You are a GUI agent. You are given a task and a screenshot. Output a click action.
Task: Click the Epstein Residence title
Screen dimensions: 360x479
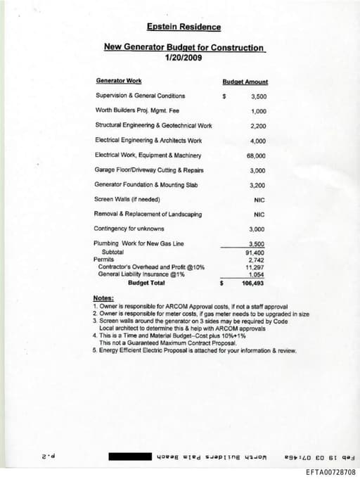pos(184,27)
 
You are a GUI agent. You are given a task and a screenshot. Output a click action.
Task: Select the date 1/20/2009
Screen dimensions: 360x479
pos(184,58)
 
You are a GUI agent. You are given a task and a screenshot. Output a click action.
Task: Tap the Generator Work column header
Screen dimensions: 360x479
pos(117,82)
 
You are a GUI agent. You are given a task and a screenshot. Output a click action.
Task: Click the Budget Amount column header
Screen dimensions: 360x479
pos(245,82)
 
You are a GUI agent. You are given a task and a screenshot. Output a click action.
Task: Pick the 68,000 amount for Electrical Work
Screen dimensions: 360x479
pos(256,155)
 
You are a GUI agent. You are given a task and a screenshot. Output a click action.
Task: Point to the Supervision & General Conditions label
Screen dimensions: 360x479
pos(140,96)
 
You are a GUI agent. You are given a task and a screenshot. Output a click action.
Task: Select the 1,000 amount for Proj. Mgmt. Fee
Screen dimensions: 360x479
pos(257,111)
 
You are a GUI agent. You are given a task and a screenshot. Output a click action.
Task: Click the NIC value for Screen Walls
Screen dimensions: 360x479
pos(259,200)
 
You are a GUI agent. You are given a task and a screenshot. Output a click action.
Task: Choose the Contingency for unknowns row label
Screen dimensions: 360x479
pos(129,229)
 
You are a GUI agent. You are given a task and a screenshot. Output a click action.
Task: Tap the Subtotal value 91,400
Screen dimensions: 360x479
pos(255,252)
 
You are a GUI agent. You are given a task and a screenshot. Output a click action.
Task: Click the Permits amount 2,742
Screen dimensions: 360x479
pos(256,260)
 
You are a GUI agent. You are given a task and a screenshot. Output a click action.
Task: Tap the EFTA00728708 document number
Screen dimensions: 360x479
pos(330,472)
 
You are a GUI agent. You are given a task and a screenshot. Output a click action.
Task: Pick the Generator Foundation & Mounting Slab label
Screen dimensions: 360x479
pos(146,184)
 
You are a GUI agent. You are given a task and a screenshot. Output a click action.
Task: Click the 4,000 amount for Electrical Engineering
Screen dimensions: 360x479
pos(257,141)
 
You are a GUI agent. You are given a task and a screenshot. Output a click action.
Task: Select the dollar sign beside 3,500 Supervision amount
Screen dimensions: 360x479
pos(223,96)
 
